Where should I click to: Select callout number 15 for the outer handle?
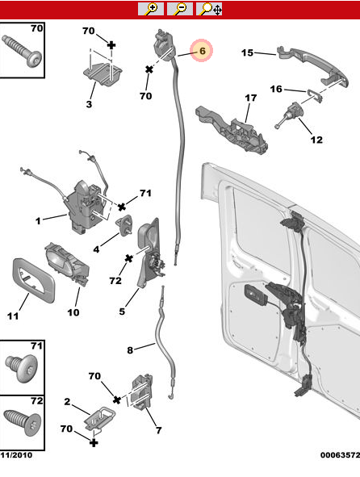click(x=248, y=53)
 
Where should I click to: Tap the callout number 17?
click(x=250, y=99)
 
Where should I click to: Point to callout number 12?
click(x=316, y=140)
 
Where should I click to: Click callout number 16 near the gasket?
click(x=276, y=89)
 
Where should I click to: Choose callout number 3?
click(x=89, y=104)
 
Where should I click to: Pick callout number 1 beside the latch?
click(x=37, y=219)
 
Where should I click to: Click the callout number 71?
click(x=145, y=193)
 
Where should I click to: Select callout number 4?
click(x=97, y=249)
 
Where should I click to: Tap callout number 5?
click(x=123, y=311)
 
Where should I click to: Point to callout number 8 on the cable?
click(x=129, y=349)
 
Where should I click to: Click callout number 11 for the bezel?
click(x=12, y=316)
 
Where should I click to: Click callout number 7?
click(x=159, y=430)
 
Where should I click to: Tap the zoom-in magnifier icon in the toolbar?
click(x=150, y=9)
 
